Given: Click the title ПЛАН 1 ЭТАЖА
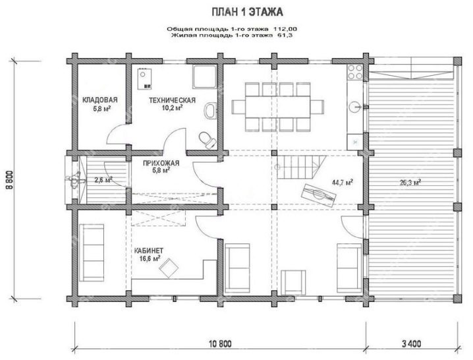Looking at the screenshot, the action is [247, 13].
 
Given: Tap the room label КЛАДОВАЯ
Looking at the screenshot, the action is [100, 100].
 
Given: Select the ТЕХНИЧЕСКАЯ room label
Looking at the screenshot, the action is [172, 100].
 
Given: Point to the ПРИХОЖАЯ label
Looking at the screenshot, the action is [161, 163].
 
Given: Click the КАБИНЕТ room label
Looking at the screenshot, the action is [149, 251].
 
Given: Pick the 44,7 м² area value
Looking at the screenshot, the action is [343, 182].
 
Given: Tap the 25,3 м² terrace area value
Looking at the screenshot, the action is [410, 183].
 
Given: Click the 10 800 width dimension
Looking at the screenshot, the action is [221, 344].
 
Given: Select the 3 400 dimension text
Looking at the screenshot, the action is [412, 344].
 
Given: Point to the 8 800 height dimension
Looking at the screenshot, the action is [10, 180].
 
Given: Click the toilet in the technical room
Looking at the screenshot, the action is [208, 140].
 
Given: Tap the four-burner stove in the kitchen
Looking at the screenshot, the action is [355, 72].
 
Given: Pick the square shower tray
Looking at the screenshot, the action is [205, 76].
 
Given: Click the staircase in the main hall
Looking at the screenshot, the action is [301, 167].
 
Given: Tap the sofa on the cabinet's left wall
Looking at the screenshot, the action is [92, 253].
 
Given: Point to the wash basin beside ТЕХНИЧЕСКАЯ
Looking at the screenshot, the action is [210, 110].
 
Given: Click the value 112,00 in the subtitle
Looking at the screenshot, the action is [285, 29].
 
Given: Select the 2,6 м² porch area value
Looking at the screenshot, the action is [103, 180].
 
